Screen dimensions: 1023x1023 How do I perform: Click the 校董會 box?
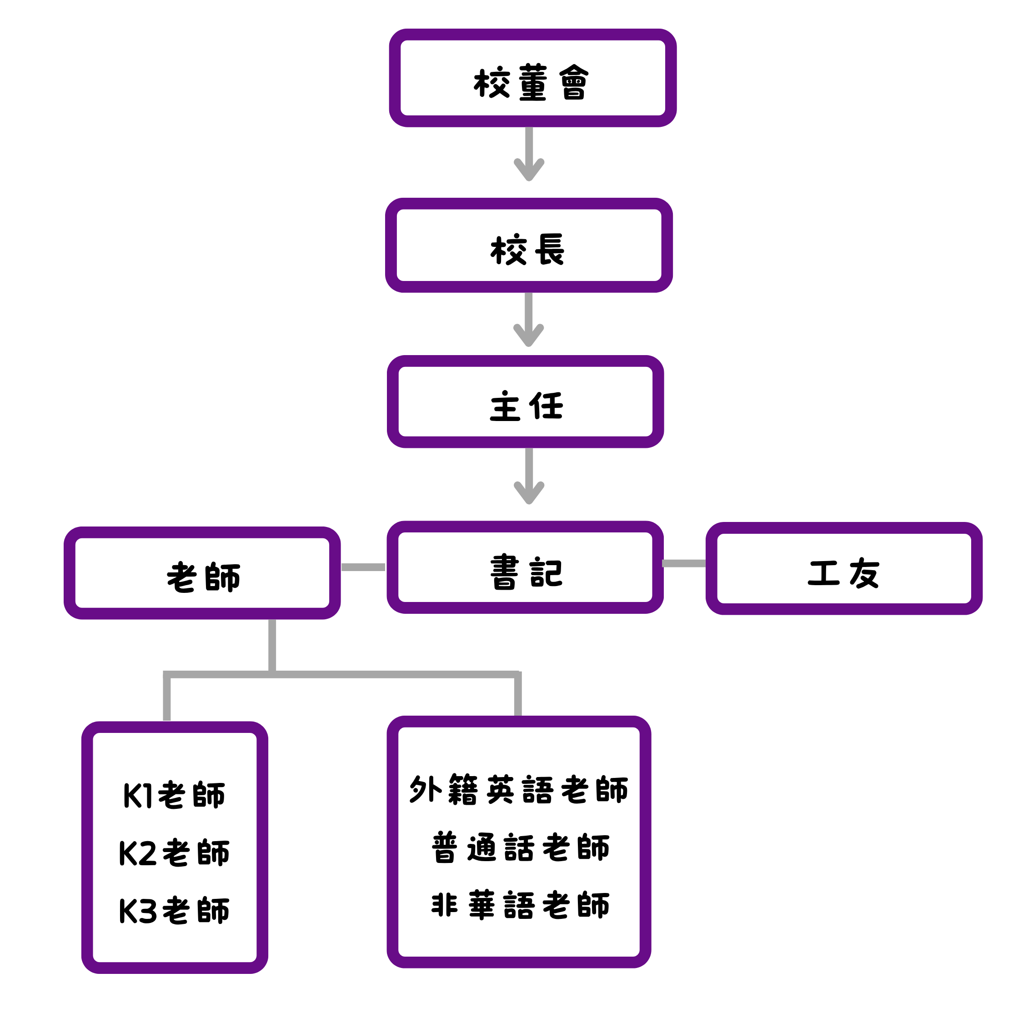point(532,78)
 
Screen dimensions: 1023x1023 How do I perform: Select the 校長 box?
point(528,245)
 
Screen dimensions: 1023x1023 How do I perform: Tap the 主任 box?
point(525,402)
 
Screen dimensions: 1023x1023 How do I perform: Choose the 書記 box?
point(525,567)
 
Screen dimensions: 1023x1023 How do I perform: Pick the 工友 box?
point(843,569)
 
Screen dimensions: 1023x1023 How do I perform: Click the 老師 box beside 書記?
point(202,573)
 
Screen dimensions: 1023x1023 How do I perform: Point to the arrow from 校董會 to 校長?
point(529,154)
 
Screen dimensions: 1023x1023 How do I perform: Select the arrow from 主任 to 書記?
point(529,476)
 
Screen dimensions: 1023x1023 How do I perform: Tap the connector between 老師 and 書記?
point(363,567)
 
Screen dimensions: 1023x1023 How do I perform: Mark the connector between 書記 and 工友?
point(684,563)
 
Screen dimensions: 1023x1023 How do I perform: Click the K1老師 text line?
point(174,795)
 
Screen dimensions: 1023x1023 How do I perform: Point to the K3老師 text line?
point(174,911)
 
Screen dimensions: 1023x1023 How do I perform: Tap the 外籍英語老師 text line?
point(518,789)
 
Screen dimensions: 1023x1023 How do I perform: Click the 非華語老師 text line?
point(521,905)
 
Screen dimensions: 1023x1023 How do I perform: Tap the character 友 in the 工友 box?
point(865,573)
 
